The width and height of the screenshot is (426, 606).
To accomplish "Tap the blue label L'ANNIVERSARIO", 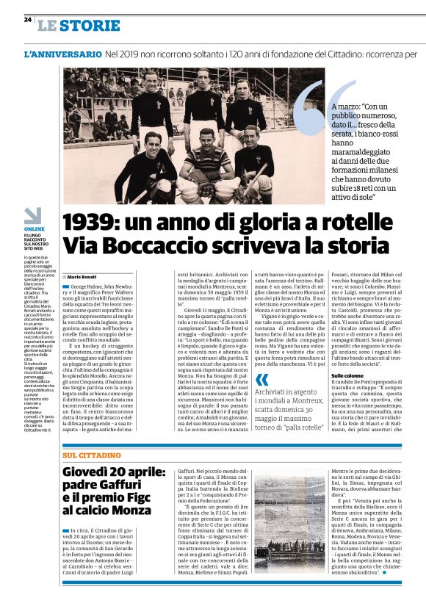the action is coord(63,55).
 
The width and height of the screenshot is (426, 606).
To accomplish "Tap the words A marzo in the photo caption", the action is coord(349,107).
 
